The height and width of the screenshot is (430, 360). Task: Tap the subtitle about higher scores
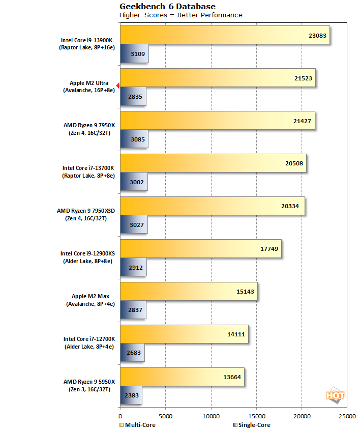pos(181,15)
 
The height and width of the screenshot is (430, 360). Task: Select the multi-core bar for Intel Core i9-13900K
pos(224,36)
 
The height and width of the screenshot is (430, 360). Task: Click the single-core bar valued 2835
pos(133,96)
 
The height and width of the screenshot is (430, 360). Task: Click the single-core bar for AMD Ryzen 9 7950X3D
pos(134,224)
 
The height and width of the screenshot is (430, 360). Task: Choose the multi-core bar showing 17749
pos(200,249)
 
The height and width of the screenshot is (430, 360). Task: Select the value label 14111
pos(235,334)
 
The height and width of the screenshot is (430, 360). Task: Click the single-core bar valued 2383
pos(131,395)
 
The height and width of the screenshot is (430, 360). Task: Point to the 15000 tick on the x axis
pos(256,415)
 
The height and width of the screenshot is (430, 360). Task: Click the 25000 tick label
pos(347,415)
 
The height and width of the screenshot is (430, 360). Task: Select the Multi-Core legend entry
pos(137,424)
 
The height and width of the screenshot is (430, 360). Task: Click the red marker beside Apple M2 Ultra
pos(117,85)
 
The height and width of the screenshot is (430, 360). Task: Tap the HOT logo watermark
pos(336,395)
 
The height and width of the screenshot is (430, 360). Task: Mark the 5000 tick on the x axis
pos(165,415)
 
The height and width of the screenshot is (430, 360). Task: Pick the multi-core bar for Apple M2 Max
pos(189,292)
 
